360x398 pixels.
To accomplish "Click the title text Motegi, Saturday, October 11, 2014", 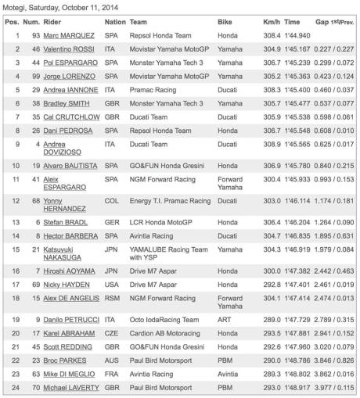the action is point(61,7).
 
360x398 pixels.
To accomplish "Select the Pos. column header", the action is point(12,23).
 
